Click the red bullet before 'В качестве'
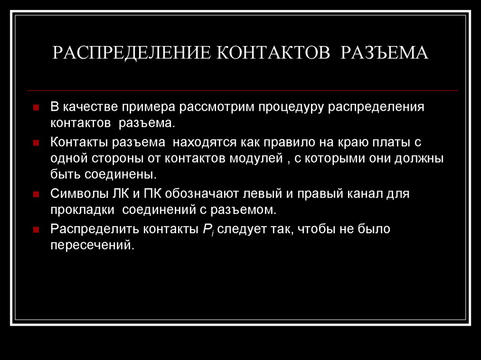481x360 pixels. click(36, 107)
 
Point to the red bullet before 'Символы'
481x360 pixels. click(36, 194)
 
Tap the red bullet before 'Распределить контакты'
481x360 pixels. click(36, 230)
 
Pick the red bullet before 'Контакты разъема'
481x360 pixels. click(36, 143)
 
